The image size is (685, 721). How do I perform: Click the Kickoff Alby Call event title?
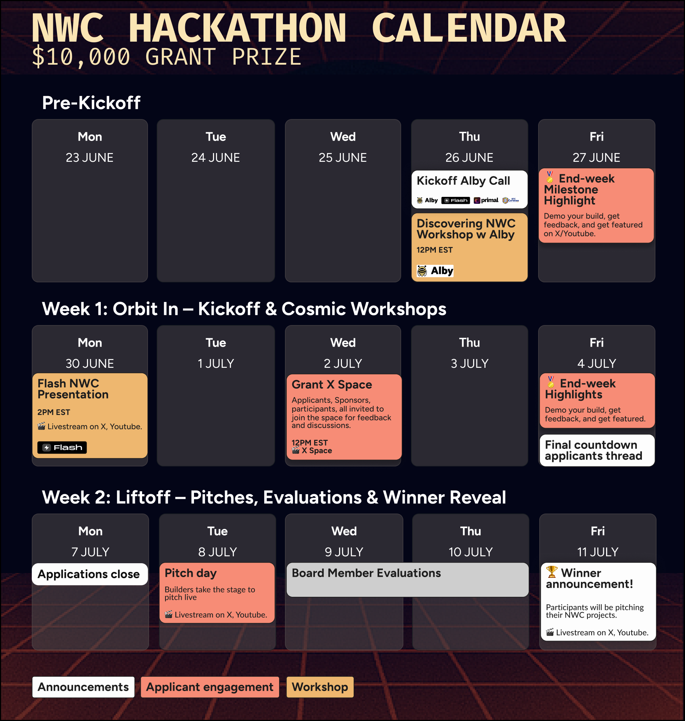[x=463, y=181]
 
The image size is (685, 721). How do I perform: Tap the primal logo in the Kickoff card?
[x=486, y=200]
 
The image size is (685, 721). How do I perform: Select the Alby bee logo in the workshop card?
[x=422, y=271]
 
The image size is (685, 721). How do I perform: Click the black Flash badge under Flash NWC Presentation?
[x=62, y=447]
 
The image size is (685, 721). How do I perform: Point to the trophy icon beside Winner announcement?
[x=552, y=572]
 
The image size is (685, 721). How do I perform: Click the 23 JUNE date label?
[x=90, y=157]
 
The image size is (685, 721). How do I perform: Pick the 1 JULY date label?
[x=216, y=363]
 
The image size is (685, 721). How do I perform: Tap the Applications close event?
[x=89, y=574]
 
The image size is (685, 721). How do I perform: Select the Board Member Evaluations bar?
[x=407, y=579]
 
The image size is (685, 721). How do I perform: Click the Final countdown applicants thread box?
[x=597, y=450]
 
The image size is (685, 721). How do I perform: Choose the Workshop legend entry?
[x=320, y=687]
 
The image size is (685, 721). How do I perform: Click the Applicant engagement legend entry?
[x=210, y=687]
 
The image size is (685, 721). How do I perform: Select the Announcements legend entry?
[x=83, y=687]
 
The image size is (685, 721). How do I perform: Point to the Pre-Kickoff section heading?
[x=91, y=103]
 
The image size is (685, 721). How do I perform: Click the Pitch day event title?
[x=191, y=573]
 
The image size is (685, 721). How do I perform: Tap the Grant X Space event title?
[x=332, y=385]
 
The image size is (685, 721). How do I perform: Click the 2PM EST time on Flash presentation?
[x=54, y=412]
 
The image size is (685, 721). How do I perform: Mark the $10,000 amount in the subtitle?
[x=81, y=57]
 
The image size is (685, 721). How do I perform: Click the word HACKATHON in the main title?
[x=237, y=28]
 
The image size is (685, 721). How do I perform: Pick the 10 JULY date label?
[x=471, y=552]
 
